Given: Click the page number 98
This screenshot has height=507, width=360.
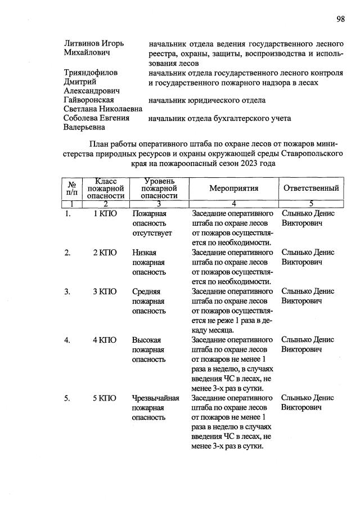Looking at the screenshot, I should (x=340, y=19).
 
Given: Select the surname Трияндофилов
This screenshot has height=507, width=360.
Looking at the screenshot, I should (x=92, y=73).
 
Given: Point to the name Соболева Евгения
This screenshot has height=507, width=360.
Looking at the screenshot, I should (x=97, y=118).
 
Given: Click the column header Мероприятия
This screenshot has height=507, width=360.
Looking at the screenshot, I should (x=233, y=189).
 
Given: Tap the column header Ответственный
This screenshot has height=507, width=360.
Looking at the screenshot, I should (x=310, y=189).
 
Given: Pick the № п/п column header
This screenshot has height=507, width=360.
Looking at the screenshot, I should (x=72, y=189).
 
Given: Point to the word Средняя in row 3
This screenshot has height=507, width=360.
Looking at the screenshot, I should (x=146, y=291).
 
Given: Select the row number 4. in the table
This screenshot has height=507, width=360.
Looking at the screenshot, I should (x=67, y=340).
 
